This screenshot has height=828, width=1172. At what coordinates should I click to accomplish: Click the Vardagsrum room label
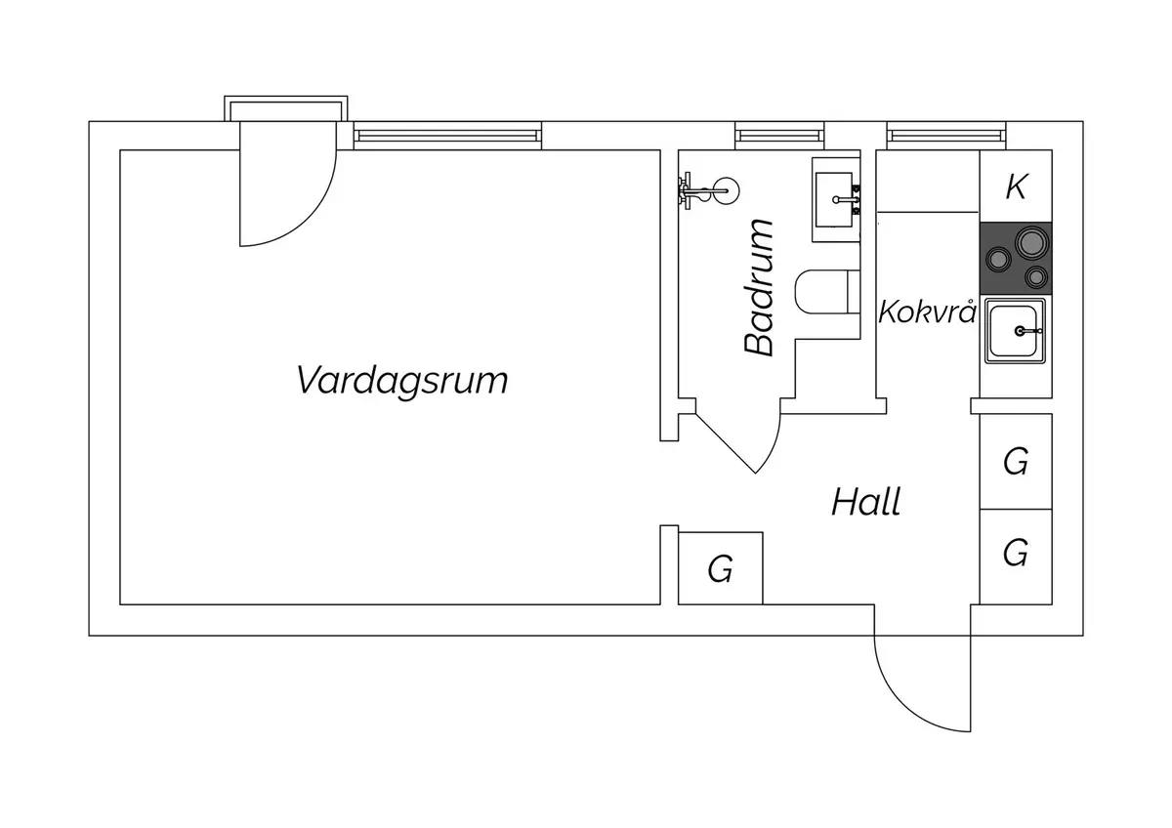point(401,382)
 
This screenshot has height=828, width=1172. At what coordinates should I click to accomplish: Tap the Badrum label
point(758,288)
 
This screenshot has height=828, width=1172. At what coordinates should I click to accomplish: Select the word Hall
point(866,502)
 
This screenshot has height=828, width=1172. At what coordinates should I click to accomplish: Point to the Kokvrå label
point(927,311)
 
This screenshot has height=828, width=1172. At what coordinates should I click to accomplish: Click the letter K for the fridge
point(1016,186)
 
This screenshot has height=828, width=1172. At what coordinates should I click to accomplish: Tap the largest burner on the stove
point(1032,242)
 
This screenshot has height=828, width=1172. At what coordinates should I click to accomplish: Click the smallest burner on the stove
point(1036,276)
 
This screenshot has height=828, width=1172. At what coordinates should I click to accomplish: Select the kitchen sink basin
point(1015,331)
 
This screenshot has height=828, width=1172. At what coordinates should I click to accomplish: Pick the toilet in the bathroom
point(827,292)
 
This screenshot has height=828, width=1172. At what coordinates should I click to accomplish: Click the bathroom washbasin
point(836,200)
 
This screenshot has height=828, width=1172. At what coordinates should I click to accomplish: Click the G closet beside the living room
point(721,568)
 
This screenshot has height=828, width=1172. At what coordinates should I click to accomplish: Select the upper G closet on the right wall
point(1016,461)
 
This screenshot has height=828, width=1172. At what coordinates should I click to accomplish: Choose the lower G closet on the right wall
point(1016,557)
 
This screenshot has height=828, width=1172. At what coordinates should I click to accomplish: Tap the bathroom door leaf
point(725,443)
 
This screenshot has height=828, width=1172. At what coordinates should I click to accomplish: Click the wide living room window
point(447,136)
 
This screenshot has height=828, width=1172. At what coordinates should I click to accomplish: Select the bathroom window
point(779,136)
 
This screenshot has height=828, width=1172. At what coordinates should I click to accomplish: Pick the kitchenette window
point(946,136)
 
